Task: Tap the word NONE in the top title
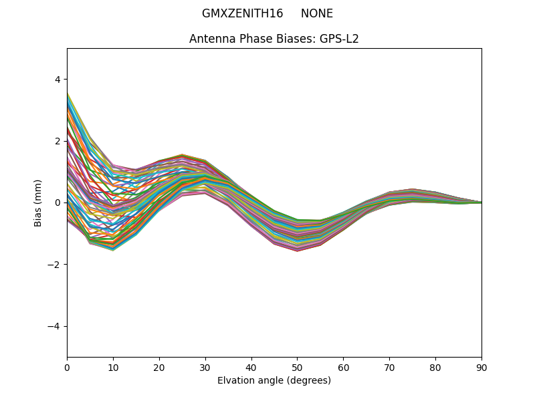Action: coord(316,13)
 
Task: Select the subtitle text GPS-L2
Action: coord(340,39)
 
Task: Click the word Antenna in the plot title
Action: coord(210,39)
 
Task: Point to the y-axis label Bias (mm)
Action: coord(38,203)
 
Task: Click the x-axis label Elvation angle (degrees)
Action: coord(274,380)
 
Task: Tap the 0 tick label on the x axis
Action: coord(67,367)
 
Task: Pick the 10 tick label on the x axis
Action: coord(113,367)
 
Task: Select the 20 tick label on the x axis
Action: coord(159,367)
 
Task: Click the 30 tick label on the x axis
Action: coord(205,367)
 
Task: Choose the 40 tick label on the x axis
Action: coord(251,367)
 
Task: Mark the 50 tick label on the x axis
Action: coord(297,367)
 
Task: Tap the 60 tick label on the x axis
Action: coord(343,367)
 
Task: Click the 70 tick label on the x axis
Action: coord(389,367)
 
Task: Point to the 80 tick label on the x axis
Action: coord(435,367)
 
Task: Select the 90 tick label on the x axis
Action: coord(481,367)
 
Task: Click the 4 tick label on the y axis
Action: coord(58,80)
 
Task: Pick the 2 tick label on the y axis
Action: coord(58,141)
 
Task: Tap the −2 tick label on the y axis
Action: coord(55,265)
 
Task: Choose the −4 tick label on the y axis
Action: coord(55,326)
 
